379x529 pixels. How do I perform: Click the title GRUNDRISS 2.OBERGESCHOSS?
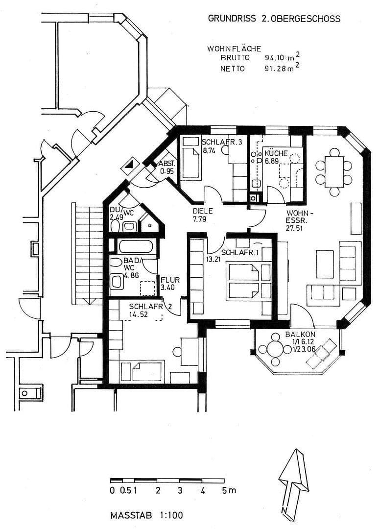274,19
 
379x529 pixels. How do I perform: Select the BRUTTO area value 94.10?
275,58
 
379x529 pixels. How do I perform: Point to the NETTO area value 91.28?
275,69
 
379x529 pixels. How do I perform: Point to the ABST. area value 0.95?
167,171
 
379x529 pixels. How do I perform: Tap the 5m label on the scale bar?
228,490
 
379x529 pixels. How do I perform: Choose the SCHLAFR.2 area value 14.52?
139,314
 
